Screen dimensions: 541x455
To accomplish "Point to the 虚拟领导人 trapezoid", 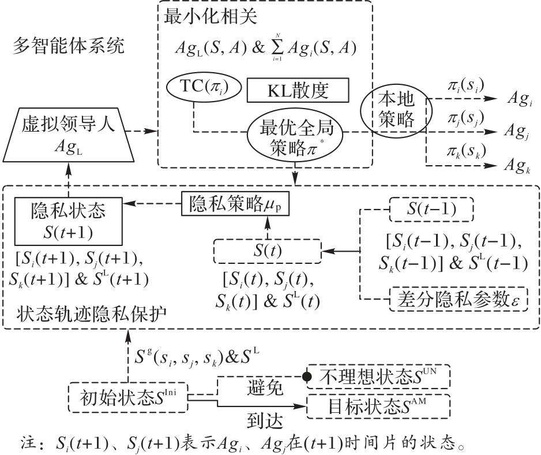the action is [68, 135].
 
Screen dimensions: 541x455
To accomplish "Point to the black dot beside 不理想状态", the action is [307, 376].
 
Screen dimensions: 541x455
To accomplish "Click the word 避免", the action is [265, 387].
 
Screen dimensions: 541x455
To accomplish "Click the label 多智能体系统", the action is [69, 46].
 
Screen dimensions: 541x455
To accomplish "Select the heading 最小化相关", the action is [211, 16].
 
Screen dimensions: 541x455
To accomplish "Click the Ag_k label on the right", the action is [517, 166].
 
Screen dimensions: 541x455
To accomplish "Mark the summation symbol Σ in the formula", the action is [277, 47].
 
